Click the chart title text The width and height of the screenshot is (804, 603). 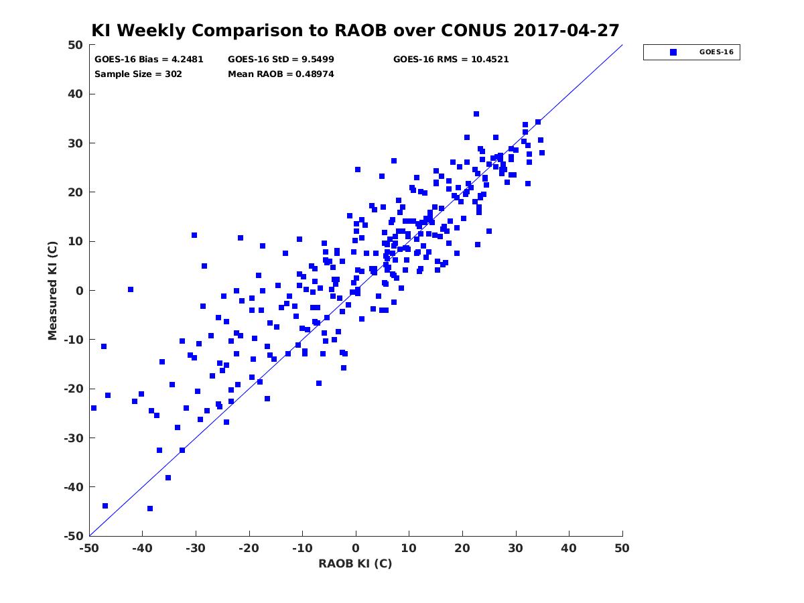pos(355,30)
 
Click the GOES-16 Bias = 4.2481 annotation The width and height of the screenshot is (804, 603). pos(149,60)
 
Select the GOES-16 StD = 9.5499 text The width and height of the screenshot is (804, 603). pos(281,60)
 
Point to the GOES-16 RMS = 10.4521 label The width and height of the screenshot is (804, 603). pos(451,60)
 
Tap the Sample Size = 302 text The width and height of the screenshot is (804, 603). pos(138,74)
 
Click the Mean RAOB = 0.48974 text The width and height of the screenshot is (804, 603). pos(281,74)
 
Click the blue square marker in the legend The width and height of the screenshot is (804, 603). pos(673,52)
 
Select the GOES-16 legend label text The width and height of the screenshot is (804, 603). pos(716,52)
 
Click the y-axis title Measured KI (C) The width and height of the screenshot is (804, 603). pos(52,291)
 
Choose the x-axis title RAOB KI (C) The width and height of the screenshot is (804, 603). pos(355,563)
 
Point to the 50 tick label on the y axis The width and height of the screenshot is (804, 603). pos(76,45)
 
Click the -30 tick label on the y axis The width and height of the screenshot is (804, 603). pos(74,438)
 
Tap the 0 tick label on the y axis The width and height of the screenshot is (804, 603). pos(80,291)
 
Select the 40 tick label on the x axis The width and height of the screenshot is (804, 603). pos(569,548)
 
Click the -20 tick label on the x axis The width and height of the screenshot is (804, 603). pos(249,548)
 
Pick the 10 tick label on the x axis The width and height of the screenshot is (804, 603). pos(409,548)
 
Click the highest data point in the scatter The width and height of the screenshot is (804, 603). pos(476,114)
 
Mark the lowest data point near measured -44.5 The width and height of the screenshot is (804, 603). pos(150,509)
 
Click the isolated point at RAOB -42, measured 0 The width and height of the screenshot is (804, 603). pos(131,289)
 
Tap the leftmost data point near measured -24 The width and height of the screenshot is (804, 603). pos(94,408)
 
